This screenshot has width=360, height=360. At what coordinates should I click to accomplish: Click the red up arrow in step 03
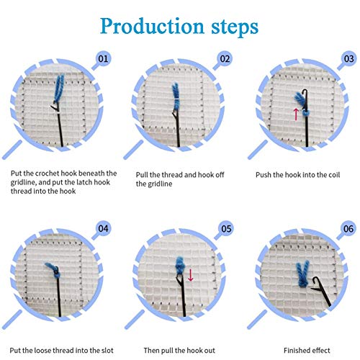click(295, 114)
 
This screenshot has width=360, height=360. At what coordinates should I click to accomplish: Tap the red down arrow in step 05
click(191, 274)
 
